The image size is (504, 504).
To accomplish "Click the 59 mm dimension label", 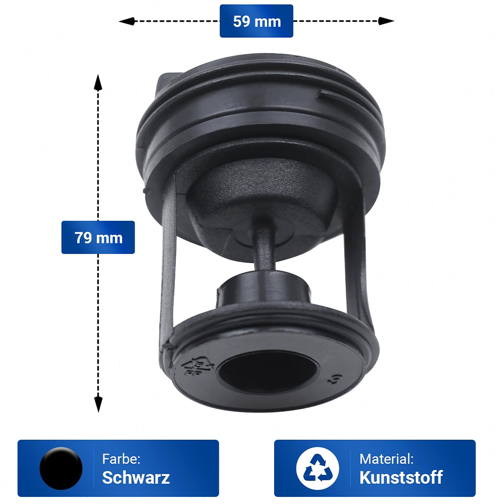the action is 257,21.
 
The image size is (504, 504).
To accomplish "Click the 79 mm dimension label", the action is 98,237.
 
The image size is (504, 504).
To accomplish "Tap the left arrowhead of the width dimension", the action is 127,21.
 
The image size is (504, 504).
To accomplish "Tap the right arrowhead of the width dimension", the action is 386,21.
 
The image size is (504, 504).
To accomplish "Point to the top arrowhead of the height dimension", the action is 98,82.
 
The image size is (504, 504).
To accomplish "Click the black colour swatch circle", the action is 61,468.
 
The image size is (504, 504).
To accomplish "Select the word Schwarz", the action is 136,478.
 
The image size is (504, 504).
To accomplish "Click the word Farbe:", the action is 121,459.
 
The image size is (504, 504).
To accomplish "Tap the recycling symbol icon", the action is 317,468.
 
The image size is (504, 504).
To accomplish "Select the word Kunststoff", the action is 401,478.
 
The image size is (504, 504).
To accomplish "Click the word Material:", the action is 387,459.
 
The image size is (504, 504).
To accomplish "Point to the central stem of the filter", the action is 264,247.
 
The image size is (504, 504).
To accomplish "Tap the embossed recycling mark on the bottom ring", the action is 198,366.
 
